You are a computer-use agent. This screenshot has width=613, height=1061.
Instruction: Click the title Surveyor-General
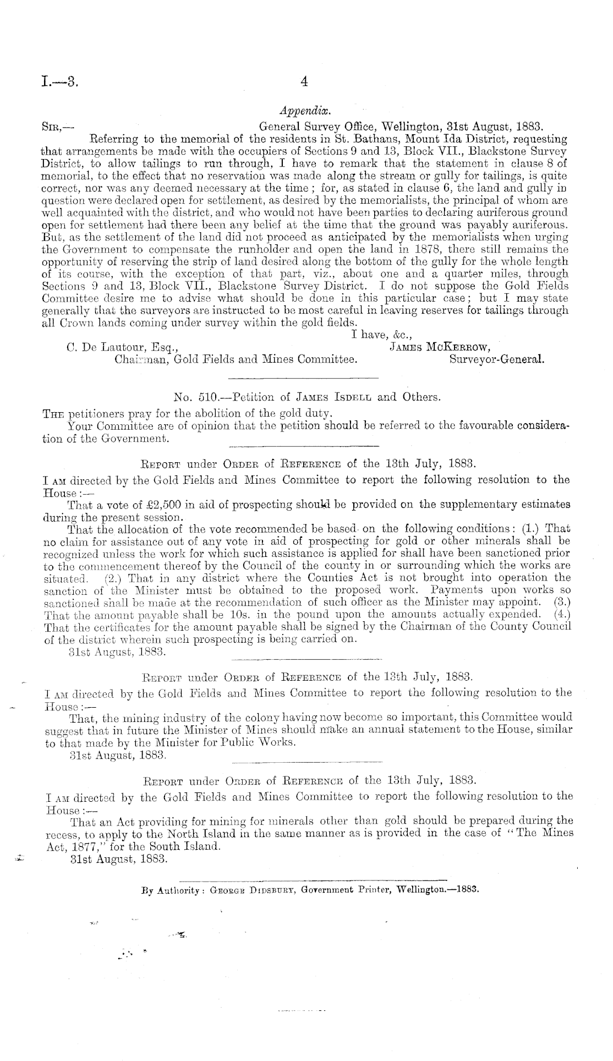pyautogui.click(x=497, y=360)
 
